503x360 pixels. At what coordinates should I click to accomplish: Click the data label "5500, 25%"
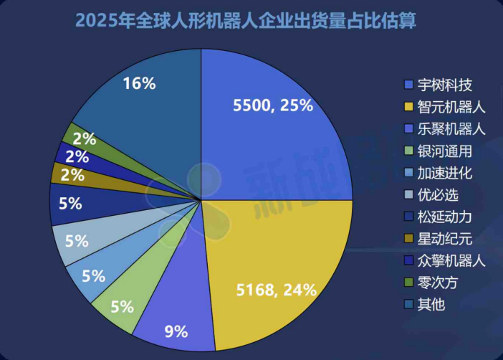pyautogui.click(x=273, y=105)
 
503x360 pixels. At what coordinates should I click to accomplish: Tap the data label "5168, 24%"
pyautogui.click(x=277, y=290)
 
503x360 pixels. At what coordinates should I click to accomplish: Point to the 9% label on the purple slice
pyautogui.click(x=176, y=331)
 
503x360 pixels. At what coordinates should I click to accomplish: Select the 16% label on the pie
pyautogui.click(x=139, y=83)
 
